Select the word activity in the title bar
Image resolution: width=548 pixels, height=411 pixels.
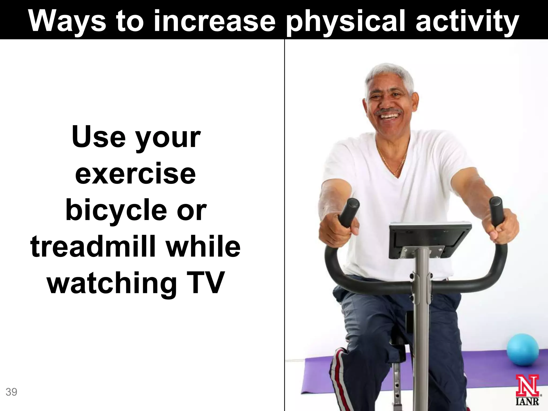point(467,22)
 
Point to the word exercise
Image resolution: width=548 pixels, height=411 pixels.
point(135,174)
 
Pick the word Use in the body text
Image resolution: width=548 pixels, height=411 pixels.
point(98,137)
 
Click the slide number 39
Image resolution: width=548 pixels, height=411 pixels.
point(11,392)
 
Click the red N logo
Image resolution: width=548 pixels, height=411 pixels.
point(527,385)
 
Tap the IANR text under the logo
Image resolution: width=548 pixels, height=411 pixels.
point(527,401)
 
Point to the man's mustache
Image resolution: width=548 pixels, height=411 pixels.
point(389,111)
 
